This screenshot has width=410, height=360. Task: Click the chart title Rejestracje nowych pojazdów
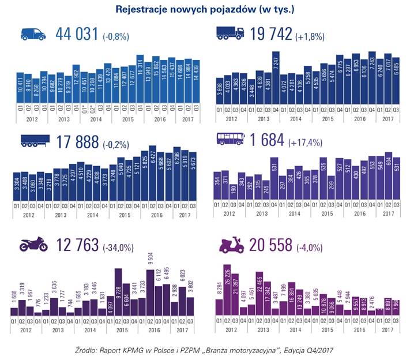click(x=205, y=9)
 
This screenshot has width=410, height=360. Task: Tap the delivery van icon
click(x=33, y=34)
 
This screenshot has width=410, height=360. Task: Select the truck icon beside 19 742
click(x=230, y=34)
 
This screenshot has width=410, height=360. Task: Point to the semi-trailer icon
click(x=33, y=141)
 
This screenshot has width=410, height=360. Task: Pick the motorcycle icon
click(x=33, y=245)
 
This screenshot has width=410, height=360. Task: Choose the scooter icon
click(x=231, y=245)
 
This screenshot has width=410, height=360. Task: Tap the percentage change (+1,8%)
click(x=310, y=36)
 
